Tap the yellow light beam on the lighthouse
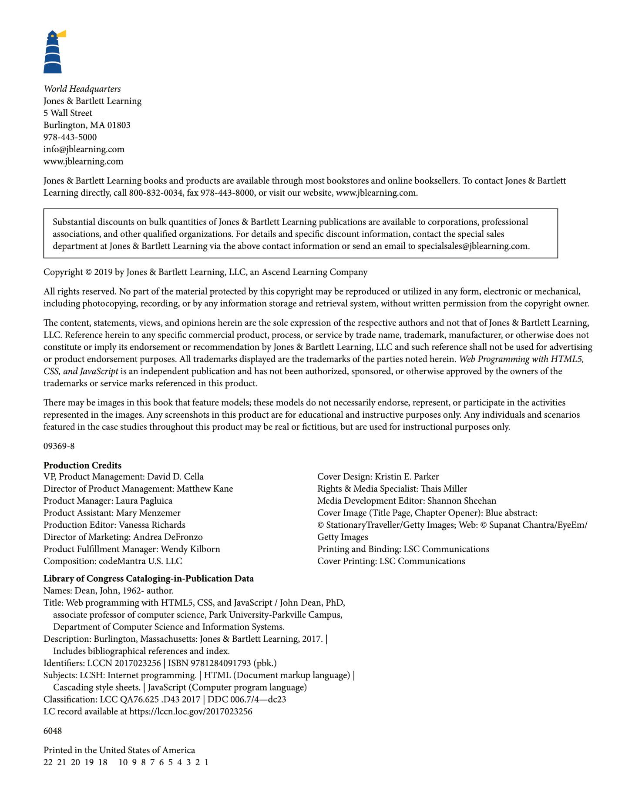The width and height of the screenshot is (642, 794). (62, 34)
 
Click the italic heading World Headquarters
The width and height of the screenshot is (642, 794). (82, 89)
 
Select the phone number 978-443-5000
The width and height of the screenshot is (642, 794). (70, 137)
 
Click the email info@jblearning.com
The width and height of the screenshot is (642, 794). (84, 149)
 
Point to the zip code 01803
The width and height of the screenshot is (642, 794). (119, 125)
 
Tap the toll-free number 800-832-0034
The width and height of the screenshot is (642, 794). (155, 193)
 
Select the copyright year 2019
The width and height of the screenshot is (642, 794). (103, 272)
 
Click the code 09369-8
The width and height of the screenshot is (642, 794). (59, 446)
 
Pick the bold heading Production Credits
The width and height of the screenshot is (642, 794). (82, 465)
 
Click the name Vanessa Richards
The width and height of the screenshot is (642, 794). (152, 525)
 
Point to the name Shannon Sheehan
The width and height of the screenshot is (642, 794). (461, 501)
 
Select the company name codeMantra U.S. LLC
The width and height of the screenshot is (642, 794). (140, 561)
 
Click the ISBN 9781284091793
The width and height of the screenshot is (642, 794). (222, 663)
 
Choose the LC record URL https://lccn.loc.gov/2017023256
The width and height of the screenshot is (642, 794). (191, 712)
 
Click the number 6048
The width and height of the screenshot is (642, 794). (53, 731)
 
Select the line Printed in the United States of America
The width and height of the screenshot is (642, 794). (119, 750)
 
